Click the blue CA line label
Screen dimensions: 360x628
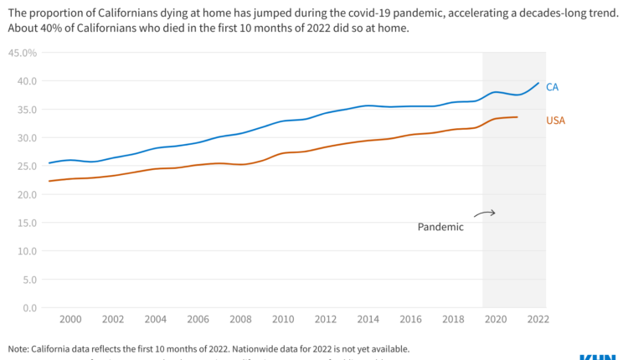552,87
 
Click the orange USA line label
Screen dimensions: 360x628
555,121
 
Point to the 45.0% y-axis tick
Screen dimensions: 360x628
22,53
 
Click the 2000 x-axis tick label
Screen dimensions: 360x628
70,319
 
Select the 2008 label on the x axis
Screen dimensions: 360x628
240,319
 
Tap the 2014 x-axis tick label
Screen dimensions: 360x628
368,319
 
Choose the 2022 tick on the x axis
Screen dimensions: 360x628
538,319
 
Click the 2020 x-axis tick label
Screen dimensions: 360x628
496,319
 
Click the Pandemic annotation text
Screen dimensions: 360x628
440,227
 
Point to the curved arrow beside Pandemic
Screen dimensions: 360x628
485,213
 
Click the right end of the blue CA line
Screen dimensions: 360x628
538,83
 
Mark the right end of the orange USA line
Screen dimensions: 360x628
517,117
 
